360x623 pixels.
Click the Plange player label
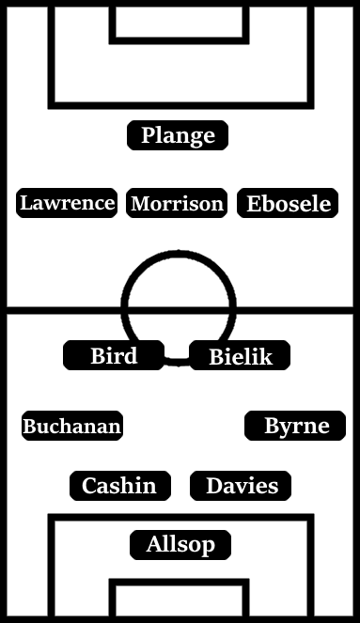tap(178, 136)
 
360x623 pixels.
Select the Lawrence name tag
tap(67, 203)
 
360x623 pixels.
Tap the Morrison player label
tap(177, 204)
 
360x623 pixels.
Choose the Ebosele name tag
tap(289, 204)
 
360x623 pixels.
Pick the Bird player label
tap(114, 356)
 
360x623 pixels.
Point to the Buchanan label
tap(72, 427)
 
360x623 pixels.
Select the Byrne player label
tap(295, 427)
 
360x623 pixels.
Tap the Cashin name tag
tap(119, 486)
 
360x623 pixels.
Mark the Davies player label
tap(241, 486)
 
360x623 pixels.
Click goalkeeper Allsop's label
tap(180, 544)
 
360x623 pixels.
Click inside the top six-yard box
tap(180, 22)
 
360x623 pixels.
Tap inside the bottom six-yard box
tap(180, 601)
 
